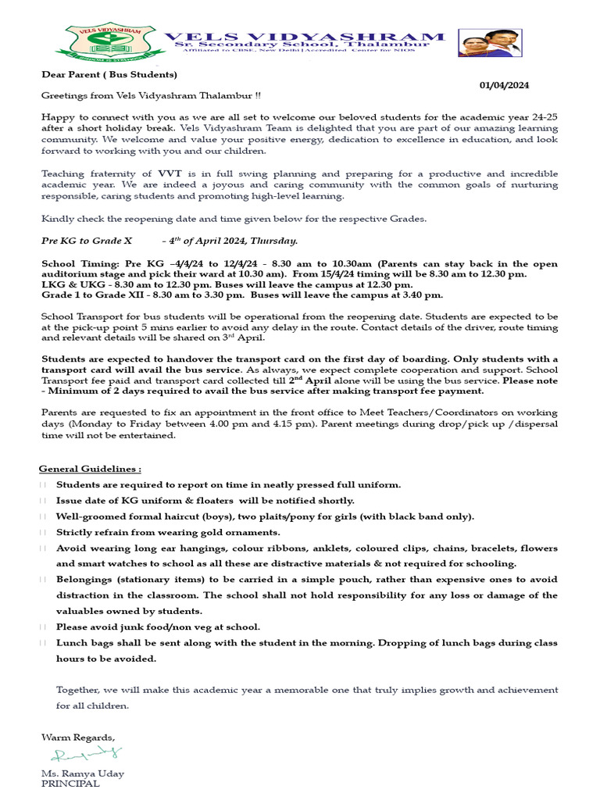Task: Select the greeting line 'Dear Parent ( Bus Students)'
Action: [109, 75]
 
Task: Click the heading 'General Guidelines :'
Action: [91, 469]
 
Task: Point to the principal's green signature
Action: [86, 754]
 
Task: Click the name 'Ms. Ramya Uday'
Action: [82, 773]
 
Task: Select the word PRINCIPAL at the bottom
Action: [70, 784]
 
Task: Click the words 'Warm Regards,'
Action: [77, 737]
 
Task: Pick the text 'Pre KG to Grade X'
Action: [87, 241]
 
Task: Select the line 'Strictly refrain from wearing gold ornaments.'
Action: [168, 532]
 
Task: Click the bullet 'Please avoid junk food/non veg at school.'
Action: [158, 627]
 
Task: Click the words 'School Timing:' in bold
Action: [80, 264]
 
